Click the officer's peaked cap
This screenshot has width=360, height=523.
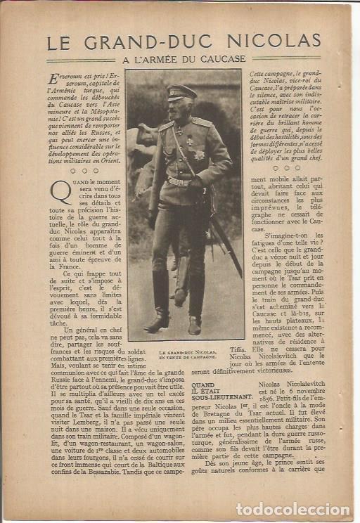[182, 91]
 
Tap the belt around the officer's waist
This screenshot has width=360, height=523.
[180, 182]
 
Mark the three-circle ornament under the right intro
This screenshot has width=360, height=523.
[286, 167]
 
